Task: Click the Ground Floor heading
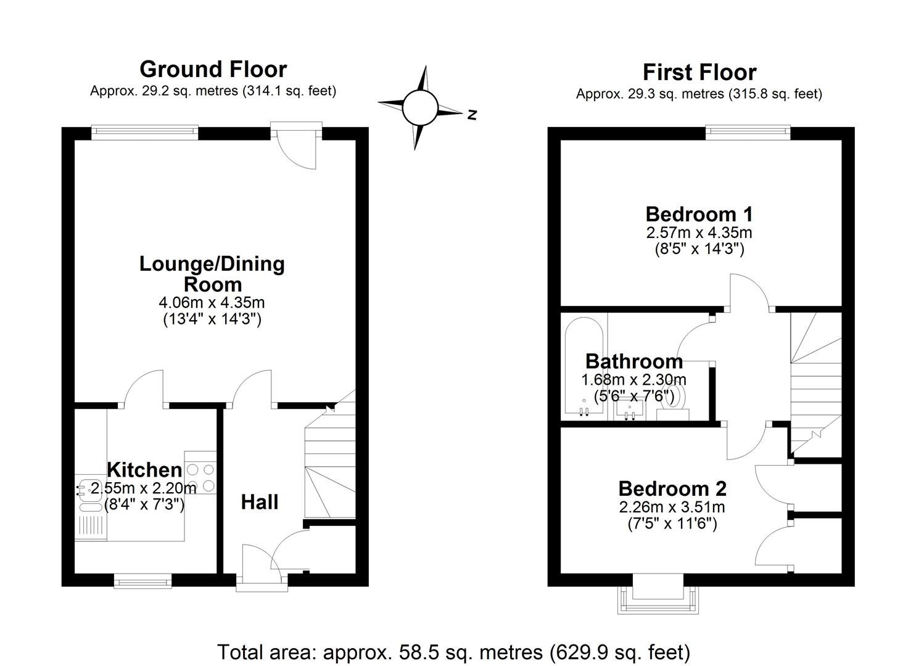pyautogui.click(x=213, y=69)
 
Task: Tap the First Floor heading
pyautogui.click(x=699, y=72)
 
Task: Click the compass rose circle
pyautogui.click(x=420, y=108)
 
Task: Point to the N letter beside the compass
pyautogui.click(x=472, y=114)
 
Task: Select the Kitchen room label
pyautogui.click(x=144, y=470)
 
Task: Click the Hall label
pyautogui.click(x=259, y=502)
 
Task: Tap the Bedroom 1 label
pyautogui.click(x=699, y=215)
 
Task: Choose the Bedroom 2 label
pyautogui.click(x=672, y=488)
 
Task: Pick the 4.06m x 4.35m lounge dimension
pyautogui.click(x=212, y=303)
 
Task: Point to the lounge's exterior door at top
pyautogui.click(x=297, y=146)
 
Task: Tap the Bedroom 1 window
pyautogui.click(x=748, y=131)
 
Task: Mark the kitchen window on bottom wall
pyautogui.click(x=142, y=580)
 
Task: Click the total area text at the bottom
pyautogui.click(x=453, y=651)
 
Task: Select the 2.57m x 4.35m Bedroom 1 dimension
pyautogui.click(x=699, y=233)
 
